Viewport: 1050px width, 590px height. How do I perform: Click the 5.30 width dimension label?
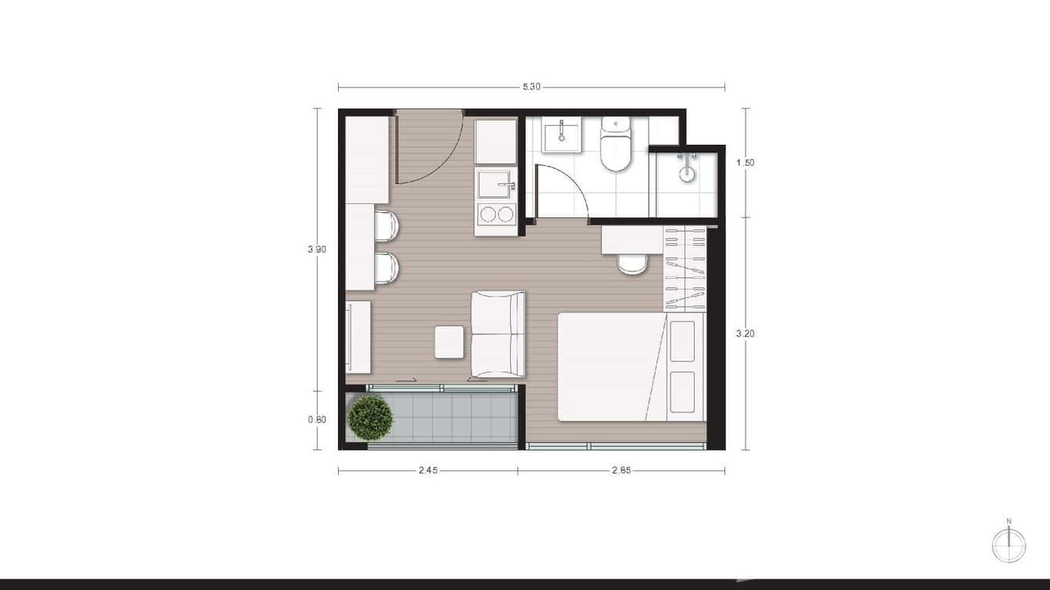click(x=531, y=87)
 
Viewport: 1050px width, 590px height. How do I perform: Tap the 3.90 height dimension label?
click(x=317, y=250)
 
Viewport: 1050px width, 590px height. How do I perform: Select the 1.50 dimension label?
click(x=745, y=163)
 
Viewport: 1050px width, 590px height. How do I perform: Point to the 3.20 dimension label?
click(x=745, y=333)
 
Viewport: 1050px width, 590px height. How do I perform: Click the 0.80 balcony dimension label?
click(x=317, y=419)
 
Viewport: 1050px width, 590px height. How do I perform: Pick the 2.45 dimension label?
click(x=427, y=471)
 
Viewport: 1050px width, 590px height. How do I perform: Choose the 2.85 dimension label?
click(x=621, y=471)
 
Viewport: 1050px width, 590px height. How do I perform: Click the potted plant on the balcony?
click(x=370, y=417)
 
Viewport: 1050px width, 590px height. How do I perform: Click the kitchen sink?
click(x=496, y=185)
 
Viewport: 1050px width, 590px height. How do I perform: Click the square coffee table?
click(x=449, y=342)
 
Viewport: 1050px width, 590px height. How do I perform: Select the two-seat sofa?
click(x=498, y=333)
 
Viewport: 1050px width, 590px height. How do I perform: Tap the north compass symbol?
click(x=1009, y=545)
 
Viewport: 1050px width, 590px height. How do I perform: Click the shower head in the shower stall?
click(x=686, y=171)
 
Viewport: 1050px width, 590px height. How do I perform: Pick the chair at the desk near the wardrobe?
click(x=632, y=264)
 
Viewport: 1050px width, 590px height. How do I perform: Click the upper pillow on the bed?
click(x=682, y=340)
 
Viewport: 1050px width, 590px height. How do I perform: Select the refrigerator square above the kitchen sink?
click(x=496, y=142)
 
